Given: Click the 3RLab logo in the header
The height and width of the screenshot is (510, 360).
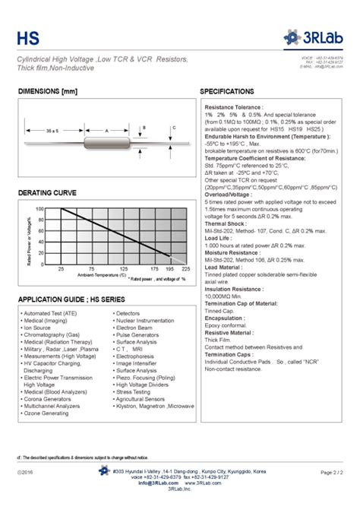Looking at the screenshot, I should pos(314,35).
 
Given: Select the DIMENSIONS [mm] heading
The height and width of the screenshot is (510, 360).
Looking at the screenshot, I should pos(48,91).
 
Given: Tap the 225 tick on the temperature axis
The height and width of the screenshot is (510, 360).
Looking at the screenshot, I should pos(187,269).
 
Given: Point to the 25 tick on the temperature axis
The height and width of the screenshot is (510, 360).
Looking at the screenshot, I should pos(61,269).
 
